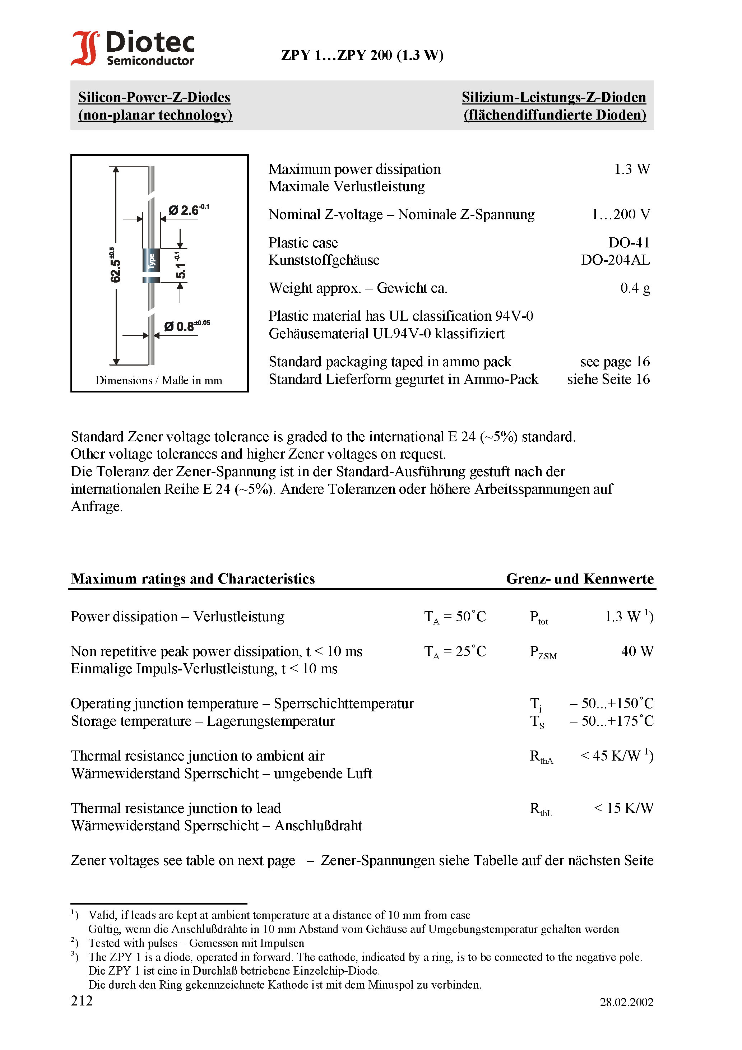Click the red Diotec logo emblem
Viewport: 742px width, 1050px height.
85,48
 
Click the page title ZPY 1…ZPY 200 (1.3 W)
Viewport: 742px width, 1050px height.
362,55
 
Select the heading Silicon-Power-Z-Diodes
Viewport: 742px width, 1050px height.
154,97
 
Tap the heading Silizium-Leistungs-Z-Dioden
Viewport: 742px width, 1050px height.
553,97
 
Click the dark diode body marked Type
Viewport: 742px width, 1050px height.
152,261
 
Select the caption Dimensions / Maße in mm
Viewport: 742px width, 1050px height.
159,381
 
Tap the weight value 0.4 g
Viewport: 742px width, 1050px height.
635,288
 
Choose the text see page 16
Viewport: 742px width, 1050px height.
615,362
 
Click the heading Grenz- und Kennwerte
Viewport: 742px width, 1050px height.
580,579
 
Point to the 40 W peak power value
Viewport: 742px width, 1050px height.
637,651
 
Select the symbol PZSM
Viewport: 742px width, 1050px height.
543,652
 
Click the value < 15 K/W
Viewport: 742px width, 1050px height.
623,808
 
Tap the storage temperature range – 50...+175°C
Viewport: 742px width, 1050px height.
612,721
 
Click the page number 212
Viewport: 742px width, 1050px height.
82,1000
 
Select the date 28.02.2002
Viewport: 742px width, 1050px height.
626,1002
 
